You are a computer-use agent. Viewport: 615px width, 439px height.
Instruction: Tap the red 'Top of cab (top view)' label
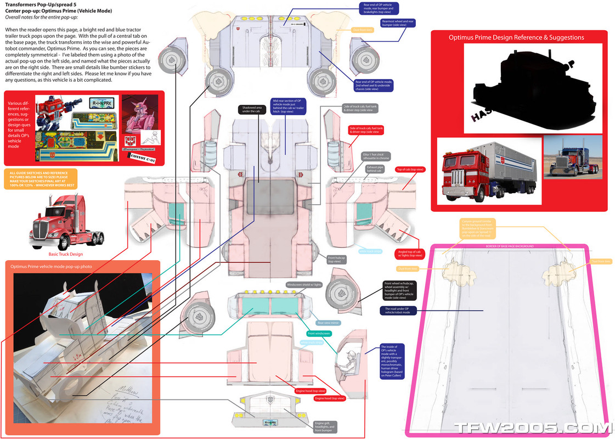[409, 170]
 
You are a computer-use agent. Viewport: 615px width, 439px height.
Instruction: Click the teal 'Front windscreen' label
[319, 333]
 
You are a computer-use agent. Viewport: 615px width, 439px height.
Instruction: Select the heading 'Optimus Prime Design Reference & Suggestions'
[516, 37]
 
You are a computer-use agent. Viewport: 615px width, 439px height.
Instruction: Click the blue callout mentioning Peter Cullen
[392, 365]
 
